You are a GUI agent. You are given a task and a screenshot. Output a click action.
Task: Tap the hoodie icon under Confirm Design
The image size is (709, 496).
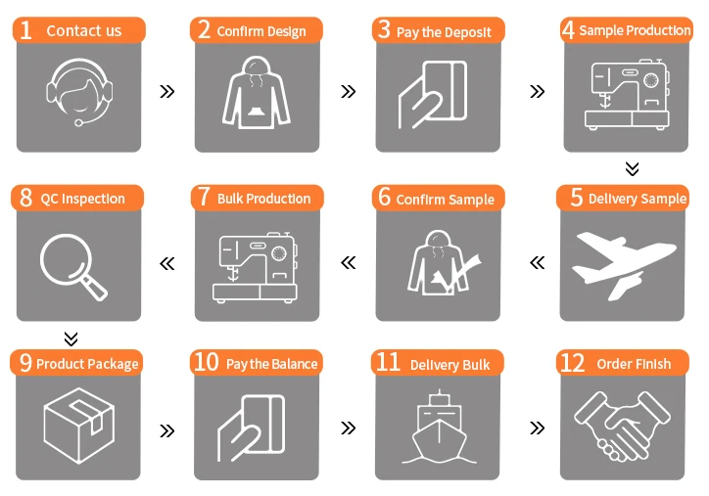[256, 93]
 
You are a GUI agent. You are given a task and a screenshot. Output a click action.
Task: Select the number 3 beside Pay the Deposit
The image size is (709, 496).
[384, 29]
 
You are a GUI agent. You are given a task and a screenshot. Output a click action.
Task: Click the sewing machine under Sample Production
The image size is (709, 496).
[627, 95]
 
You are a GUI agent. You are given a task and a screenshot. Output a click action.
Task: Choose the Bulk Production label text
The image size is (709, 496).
[263, 199]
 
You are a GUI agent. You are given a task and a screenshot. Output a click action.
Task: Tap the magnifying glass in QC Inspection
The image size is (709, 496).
[73, 266]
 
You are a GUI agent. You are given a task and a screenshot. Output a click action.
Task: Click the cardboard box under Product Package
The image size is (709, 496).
[79, 426]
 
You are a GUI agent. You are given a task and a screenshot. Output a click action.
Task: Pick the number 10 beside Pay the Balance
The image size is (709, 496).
[207, 362]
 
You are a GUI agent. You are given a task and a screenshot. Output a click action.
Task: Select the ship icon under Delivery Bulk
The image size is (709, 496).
[439, 427]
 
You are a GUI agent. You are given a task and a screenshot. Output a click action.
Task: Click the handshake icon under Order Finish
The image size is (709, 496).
[622, 426]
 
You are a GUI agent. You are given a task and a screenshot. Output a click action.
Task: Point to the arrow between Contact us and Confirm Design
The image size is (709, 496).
[167, 92]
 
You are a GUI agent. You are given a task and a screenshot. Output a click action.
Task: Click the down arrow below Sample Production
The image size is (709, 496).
[633, 168]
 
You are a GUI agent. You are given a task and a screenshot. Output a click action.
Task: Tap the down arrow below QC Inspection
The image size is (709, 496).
[71, 338]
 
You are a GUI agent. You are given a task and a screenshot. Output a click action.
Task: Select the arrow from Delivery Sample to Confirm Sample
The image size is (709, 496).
[538, 262]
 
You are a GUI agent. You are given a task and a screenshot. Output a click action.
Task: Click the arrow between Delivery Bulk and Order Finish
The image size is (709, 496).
[538, 428]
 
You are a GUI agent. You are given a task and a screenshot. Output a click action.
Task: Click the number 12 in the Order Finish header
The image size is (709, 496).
[573, 363]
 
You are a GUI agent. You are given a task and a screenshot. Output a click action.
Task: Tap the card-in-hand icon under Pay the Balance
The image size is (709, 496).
[252, 428]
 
